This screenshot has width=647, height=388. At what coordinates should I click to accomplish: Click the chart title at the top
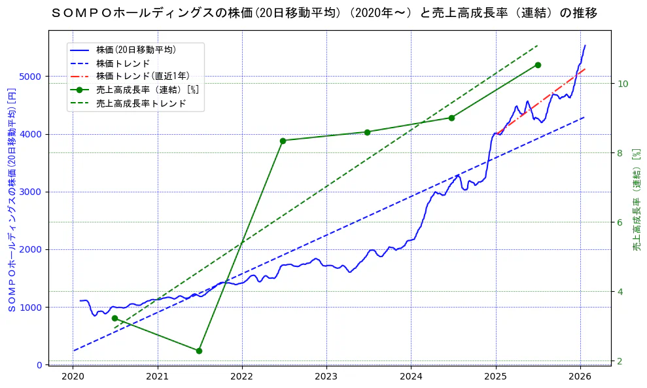(x=323, y=13)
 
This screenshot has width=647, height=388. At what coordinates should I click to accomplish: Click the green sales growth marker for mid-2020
(x=114, y=318)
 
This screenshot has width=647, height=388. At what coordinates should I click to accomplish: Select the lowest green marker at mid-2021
(x=199, y=351)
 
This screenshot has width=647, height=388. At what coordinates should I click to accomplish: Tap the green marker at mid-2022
(x=283, y=141)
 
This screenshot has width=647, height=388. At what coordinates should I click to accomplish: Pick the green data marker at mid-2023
(x=367, y=132)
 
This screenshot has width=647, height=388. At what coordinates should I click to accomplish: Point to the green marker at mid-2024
(x=451, y=118)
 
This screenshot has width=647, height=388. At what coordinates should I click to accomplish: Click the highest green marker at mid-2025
(x=538, y=65)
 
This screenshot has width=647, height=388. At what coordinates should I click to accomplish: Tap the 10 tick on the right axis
(x=623, y=84)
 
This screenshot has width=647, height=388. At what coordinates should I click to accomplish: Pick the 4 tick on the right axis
(x=620, y=292)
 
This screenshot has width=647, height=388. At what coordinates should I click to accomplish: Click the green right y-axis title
(x=636, y=200)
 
